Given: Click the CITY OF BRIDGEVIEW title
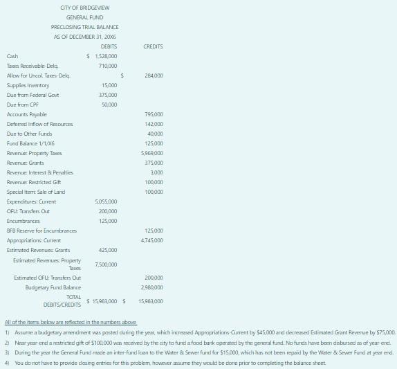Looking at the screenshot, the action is tap(85, 7).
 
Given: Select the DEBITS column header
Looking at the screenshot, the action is tap(109, 46).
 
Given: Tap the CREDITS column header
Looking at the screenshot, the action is tap(153, 46).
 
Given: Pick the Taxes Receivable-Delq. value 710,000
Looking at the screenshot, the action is tap(108, 65).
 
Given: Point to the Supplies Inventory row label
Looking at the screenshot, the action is tap(28, 84).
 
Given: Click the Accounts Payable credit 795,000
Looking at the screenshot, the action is tap(154, 114).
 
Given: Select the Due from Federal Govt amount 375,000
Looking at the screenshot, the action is tap(108, 94).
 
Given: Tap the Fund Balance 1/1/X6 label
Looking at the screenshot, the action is tap(26, 143).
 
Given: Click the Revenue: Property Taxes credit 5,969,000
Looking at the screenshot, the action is tap(152, 152).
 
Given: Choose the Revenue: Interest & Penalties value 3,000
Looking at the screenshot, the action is tap(157, 172).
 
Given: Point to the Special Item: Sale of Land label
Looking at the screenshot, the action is tap(36, 191).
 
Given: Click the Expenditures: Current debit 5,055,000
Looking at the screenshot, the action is tap(106, 201).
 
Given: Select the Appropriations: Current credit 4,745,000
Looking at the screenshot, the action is tap(152, 240).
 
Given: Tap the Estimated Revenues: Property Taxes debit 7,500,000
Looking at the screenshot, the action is tap(106, 264).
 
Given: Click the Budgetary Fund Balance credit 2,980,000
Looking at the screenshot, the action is tap(152, 287).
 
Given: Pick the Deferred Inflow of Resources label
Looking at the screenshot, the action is tap(39, 123).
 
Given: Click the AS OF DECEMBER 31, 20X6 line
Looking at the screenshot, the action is tap(85, 36).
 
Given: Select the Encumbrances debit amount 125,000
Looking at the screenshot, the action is tap(108, 220).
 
